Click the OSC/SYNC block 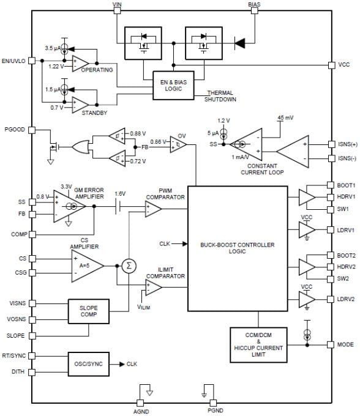[88, 363]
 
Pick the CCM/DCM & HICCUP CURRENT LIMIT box [258, 344]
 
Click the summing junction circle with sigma [129, 265]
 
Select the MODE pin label [345, 344]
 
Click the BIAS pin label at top [254, 4]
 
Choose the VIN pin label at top [118, 4]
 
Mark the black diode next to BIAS [241, 43]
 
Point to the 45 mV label [285, 117]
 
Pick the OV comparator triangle [177, 144]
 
